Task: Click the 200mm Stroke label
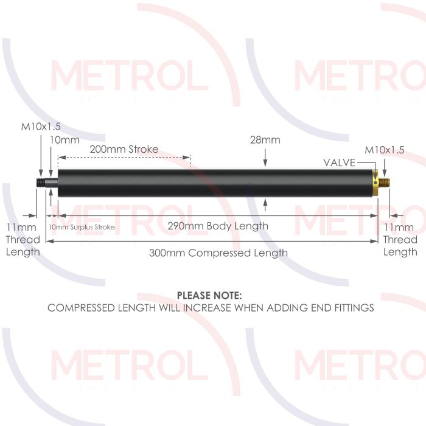[124, 149]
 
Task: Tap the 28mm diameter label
[265, 140]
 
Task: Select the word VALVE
[340, 162]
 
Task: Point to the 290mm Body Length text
[218, 226]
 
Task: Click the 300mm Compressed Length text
[218, 253]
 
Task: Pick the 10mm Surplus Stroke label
[82, 227]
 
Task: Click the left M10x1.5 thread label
[41, 127]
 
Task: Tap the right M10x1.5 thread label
[384, 150]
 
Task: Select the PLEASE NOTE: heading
[209, 296]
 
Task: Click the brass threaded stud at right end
[385, 183]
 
